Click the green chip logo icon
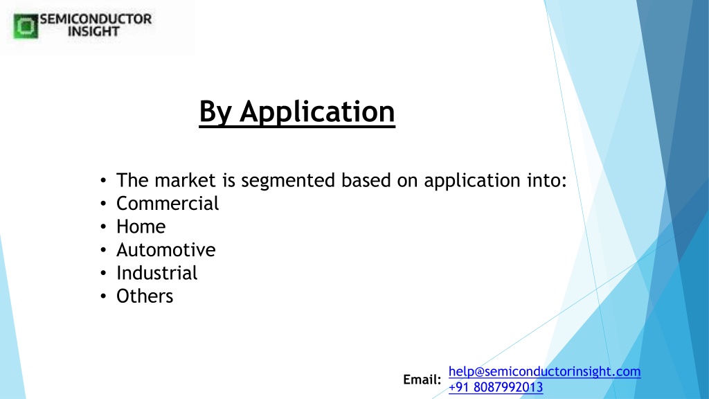(x=26, y=26)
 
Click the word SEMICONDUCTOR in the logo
(x=96, y=19)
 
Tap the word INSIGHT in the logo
(x=93, y=31)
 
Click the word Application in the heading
(x=317, y=112)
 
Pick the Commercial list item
(x=168, y=203)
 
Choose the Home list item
(x=141, y=227)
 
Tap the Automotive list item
(x=166, y=249)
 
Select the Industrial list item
(x=157, y=273)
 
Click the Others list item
(x=145, y=296)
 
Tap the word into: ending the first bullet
(x=547, y=180)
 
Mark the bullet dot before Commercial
(x=104, y=204)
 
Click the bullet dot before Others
(x=104, y=296)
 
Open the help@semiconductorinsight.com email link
(x=544, y=371)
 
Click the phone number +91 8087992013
(x=496, y=387)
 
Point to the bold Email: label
(x=422, y=380)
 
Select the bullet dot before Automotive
(x=104, y=250)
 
